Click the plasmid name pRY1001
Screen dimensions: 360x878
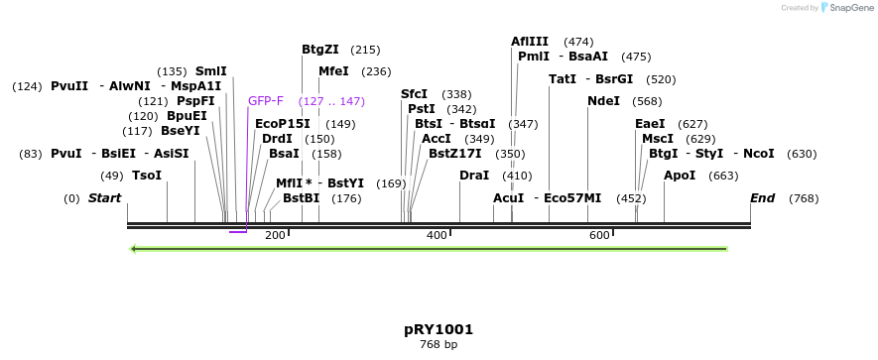click(x=439, y=329)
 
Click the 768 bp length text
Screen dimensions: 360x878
click(x=439, y=345)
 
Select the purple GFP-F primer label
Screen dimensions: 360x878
click(x=266, y=101)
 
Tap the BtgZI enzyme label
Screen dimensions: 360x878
click(x=320, y=50)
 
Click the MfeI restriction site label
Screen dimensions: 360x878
click(x=333, y=71)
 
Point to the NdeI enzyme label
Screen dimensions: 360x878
click(x=603, y=101)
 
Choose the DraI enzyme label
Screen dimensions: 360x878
click(x=474, y=176)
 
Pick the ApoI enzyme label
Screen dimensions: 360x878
click(x=680, y=176)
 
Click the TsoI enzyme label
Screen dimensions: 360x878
click(x=147, y=176)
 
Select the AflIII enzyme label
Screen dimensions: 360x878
click(x=530, y=42)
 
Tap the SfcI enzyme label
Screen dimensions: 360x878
click(x=414, y=94)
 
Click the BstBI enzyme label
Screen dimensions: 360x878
click(x=302, y=198)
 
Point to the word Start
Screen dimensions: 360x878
click(x=104, y=198)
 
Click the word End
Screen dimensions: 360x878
click(x=762, y=198)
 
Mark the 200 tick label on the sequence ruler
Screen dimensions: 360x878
click(x=275, y=235)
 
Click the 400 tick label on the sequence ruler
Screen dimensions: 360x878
click(x=437, y=235)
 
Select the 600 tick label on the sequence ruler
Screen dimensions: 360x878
click(x=599, y=235)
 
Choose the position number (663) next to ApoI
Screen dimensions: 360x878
click(x=724, y=176)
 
